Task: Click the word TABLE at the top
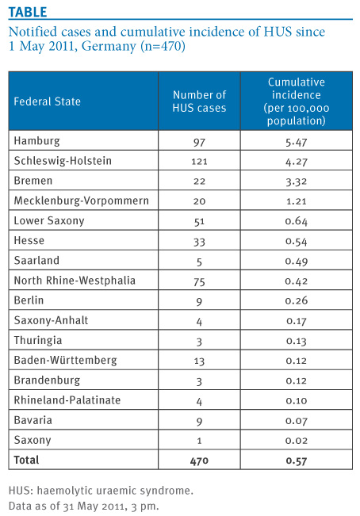point(28,12)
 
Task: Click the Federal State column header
point(47,101)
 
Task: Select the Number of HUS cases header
point(199,101)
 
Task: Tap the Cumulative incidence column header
point(296,101)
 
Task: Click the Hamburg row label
point(36,141)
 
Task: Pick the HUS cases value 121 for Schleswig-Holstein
point(199,162)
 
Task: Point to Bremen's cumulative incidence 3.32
point(296,182)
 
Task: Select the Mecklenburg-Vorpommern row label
point(82,201)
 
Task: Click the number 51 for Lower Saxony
point(199,221)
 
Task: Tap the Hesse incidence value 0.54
point(296,242)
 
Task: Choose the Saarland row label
point(36,260)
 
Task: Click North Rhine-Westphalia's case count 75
point(199,281)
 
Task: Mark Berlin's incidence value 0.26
point(296,300)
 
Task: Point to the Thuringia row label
point(38,340)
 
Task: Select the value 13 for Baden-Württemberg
point(199,361)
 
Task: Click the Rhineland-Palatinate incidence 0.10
point(296,400)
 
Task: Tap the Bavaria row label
point(33,420)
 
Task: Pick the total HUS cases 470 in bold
point(199,461)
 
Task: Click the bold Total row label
point(26,460)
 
